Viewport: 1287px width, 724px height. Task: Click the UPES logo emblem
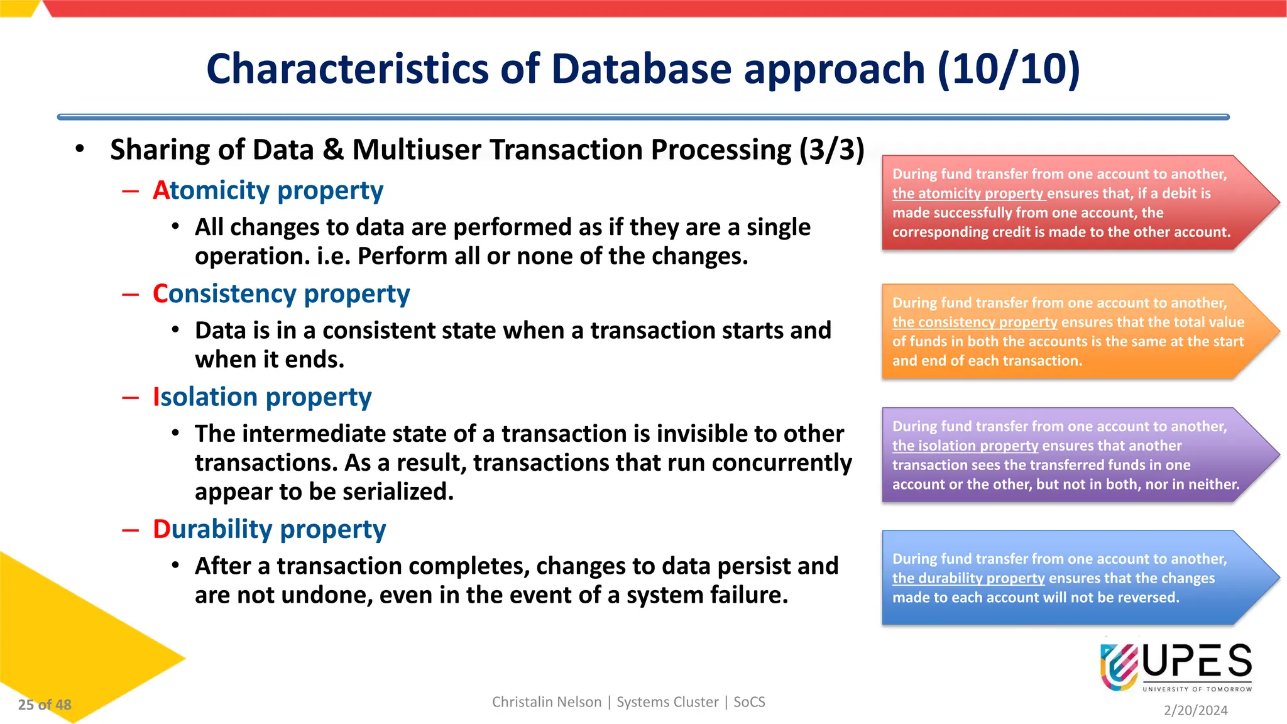pos(1119,666)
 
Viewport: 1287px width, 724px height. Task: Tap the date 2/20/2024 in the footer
pos(1195,710)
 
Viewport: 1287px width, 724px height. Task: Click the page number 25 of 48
pos(45,705)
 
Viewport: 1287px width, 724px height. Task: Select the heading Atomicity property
pos(268,190)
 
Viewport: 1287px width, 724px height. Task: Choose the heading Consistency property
pos(281,294)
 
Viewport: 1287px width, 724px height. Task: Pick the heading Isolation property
pos(262,397)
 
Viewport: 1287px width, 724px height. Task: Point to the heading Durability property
pos(269,529)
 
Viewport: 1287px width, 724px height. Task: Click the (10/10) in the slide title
pos(1009,69)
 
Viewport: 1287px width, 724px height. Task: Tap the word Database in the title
pos(641,69)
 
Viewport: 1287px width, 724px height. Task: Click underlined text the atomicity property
pos(968,194)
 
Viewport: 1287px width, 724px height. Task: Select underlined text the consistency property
pos(975,322)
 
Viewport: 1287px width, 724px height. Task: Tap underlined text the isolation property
pos(965,446)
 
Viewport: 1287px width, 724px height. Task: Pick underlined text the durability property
pos(968,578)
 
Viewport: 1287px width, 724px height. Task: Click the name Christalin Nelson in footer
pos(546,702)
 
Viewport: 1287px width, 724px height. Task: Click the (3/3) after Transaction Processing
pos(831,150)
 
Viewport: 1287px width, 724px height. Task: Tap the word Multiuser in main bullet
pos(417,150)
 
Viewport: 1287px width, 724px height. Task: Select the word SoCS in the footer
pos(749,702)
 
